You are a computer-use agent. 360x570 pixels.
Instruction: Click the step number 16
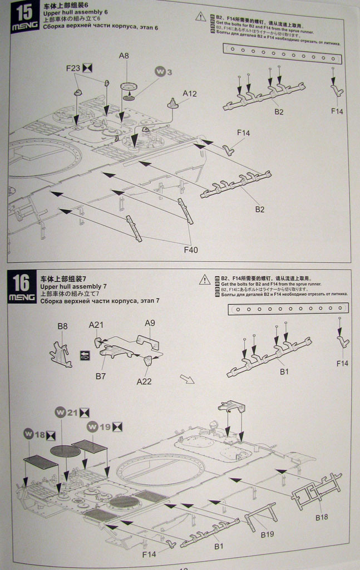pyautogui.click(x=22, y=283)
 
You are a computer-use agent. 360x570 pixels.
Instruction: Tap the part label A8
pyautogui.click(x=124, y=56)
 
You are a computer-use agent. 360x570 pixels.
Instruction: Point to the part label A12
pyautogui.click(x=189, y=94)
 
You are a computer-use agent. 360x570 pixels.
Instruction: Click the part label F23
pyautogui.click(x=73, y=68)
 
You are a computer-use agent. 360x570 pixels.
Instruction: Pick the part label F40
pyautogui.click(x=190, y=250)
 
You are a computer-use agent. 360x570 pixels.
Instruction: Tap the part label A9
pyautogui.click(x=150, y=323)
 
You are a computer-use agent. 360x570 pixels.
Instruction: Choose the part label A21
pyautogui.click(x=96, y=325)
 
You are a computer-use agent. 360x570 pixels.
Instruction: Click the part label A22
pyautogui.click(x=144, y=381)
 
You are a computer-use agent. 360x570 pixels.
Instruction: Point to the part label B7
pyautogui.click(x=101, y=376)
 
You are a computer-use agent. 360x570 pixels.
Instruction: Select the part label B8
pyautogui.click(x=62, y=326)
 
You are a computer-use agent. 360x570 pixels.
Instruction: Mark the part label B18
pyautogui.click(x=322, y=517)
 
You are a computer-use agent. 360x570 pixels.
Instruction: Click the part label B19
pyautogui.click(x=268, y=535)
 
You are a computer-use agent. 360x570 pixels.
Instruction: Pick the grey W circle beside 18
pyautogui.click(x=29, y=434)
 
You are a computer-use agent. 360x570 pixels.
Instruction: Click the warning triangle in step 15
pyautogui.click(x=201, y=17)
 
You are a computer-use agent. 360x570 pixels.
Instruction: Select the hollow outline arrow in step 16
pyautogui.click(x=186, y=380)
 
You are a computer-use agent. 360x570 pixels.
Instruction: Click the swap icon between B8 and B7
pyautogui.click(x=85, y=355)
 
